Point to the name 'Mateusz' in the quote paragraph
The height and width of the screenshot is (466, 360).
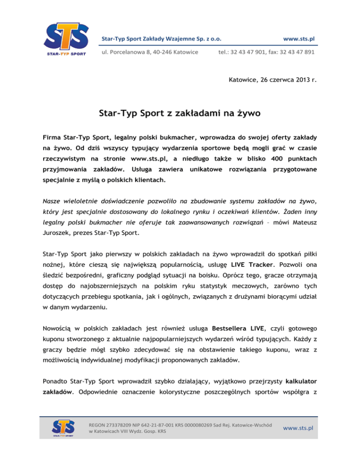tap(302, 218)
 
